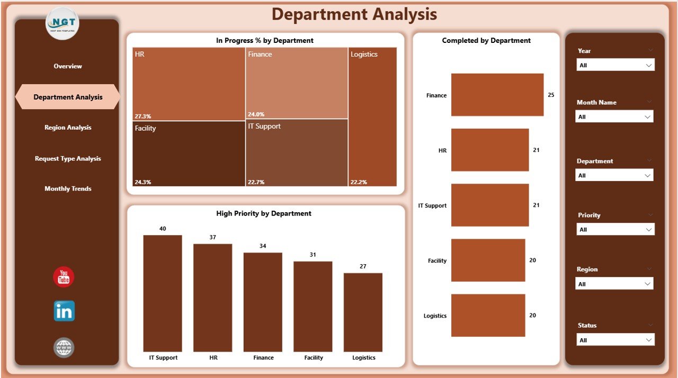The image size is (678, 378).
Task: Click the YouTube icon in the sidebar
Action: pyautogui.click(x=64, y=277)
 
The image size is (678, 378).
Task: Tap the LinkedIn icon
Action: pyautogui.click(x=64, y=311)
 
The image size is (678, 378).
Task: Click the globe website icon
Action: pyautogui.click(x=64, y=347)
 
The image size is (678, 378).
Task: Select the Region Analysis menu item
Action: pyautogui.click(x=68, y=128)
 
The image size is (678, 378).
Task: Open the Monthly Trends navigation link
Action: pyautogui.click(x=68, y=189)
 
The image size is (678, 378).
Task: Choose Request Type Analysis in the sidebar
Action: pyautogui.click(x=68, y=158)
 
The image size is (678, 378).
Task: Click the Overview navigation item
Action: pyautogui.click(x=68, y=66)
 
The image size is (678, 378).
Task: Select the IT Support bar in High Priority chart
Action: pyautogui.click(x=163, y=293)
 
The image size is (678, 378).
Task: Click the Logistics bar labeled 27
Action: pyautogui.click(x=363, y=312)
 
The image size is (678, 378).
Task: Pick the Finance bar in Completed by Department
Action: pyautogui.click(x=497, y=95)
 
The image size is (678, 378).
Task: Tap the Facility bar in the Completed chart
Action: pyautogui.click(x=488, y=260)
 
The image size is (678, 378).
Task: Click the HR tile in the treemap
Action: pyautogui.click(x=189, y=84)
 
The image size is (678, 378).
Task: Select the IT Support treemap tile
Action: pyautogui.click(x=296, y=152)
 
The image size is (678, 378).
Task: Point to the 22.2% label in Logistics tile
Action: pyautogui.click(x=359, y=182)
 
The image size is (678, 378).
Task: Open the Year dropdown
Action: pyautogui.click(x=615, y=65)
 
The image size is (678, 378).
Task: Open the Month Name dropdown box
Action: pyautogui.click(x=614, y=116)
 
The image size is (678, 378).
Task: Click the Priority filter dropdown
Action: pyautogui.click(x=615, y=229)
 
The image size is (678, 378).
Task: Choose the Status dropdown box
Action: pyautogui.click(x=615, y=340)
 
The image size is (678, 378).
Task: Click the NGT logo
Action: pyautogui.click(x=63, y=23)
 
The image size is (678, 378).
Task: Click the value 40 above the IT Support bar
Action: pyautogui.click(x=163, y=229)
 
